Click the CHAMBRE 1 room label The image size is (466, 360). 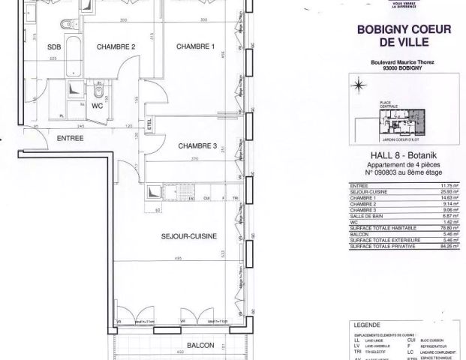[x=195, y=46]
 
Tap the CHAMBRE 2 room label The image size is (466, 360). [x=116, y=46]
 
